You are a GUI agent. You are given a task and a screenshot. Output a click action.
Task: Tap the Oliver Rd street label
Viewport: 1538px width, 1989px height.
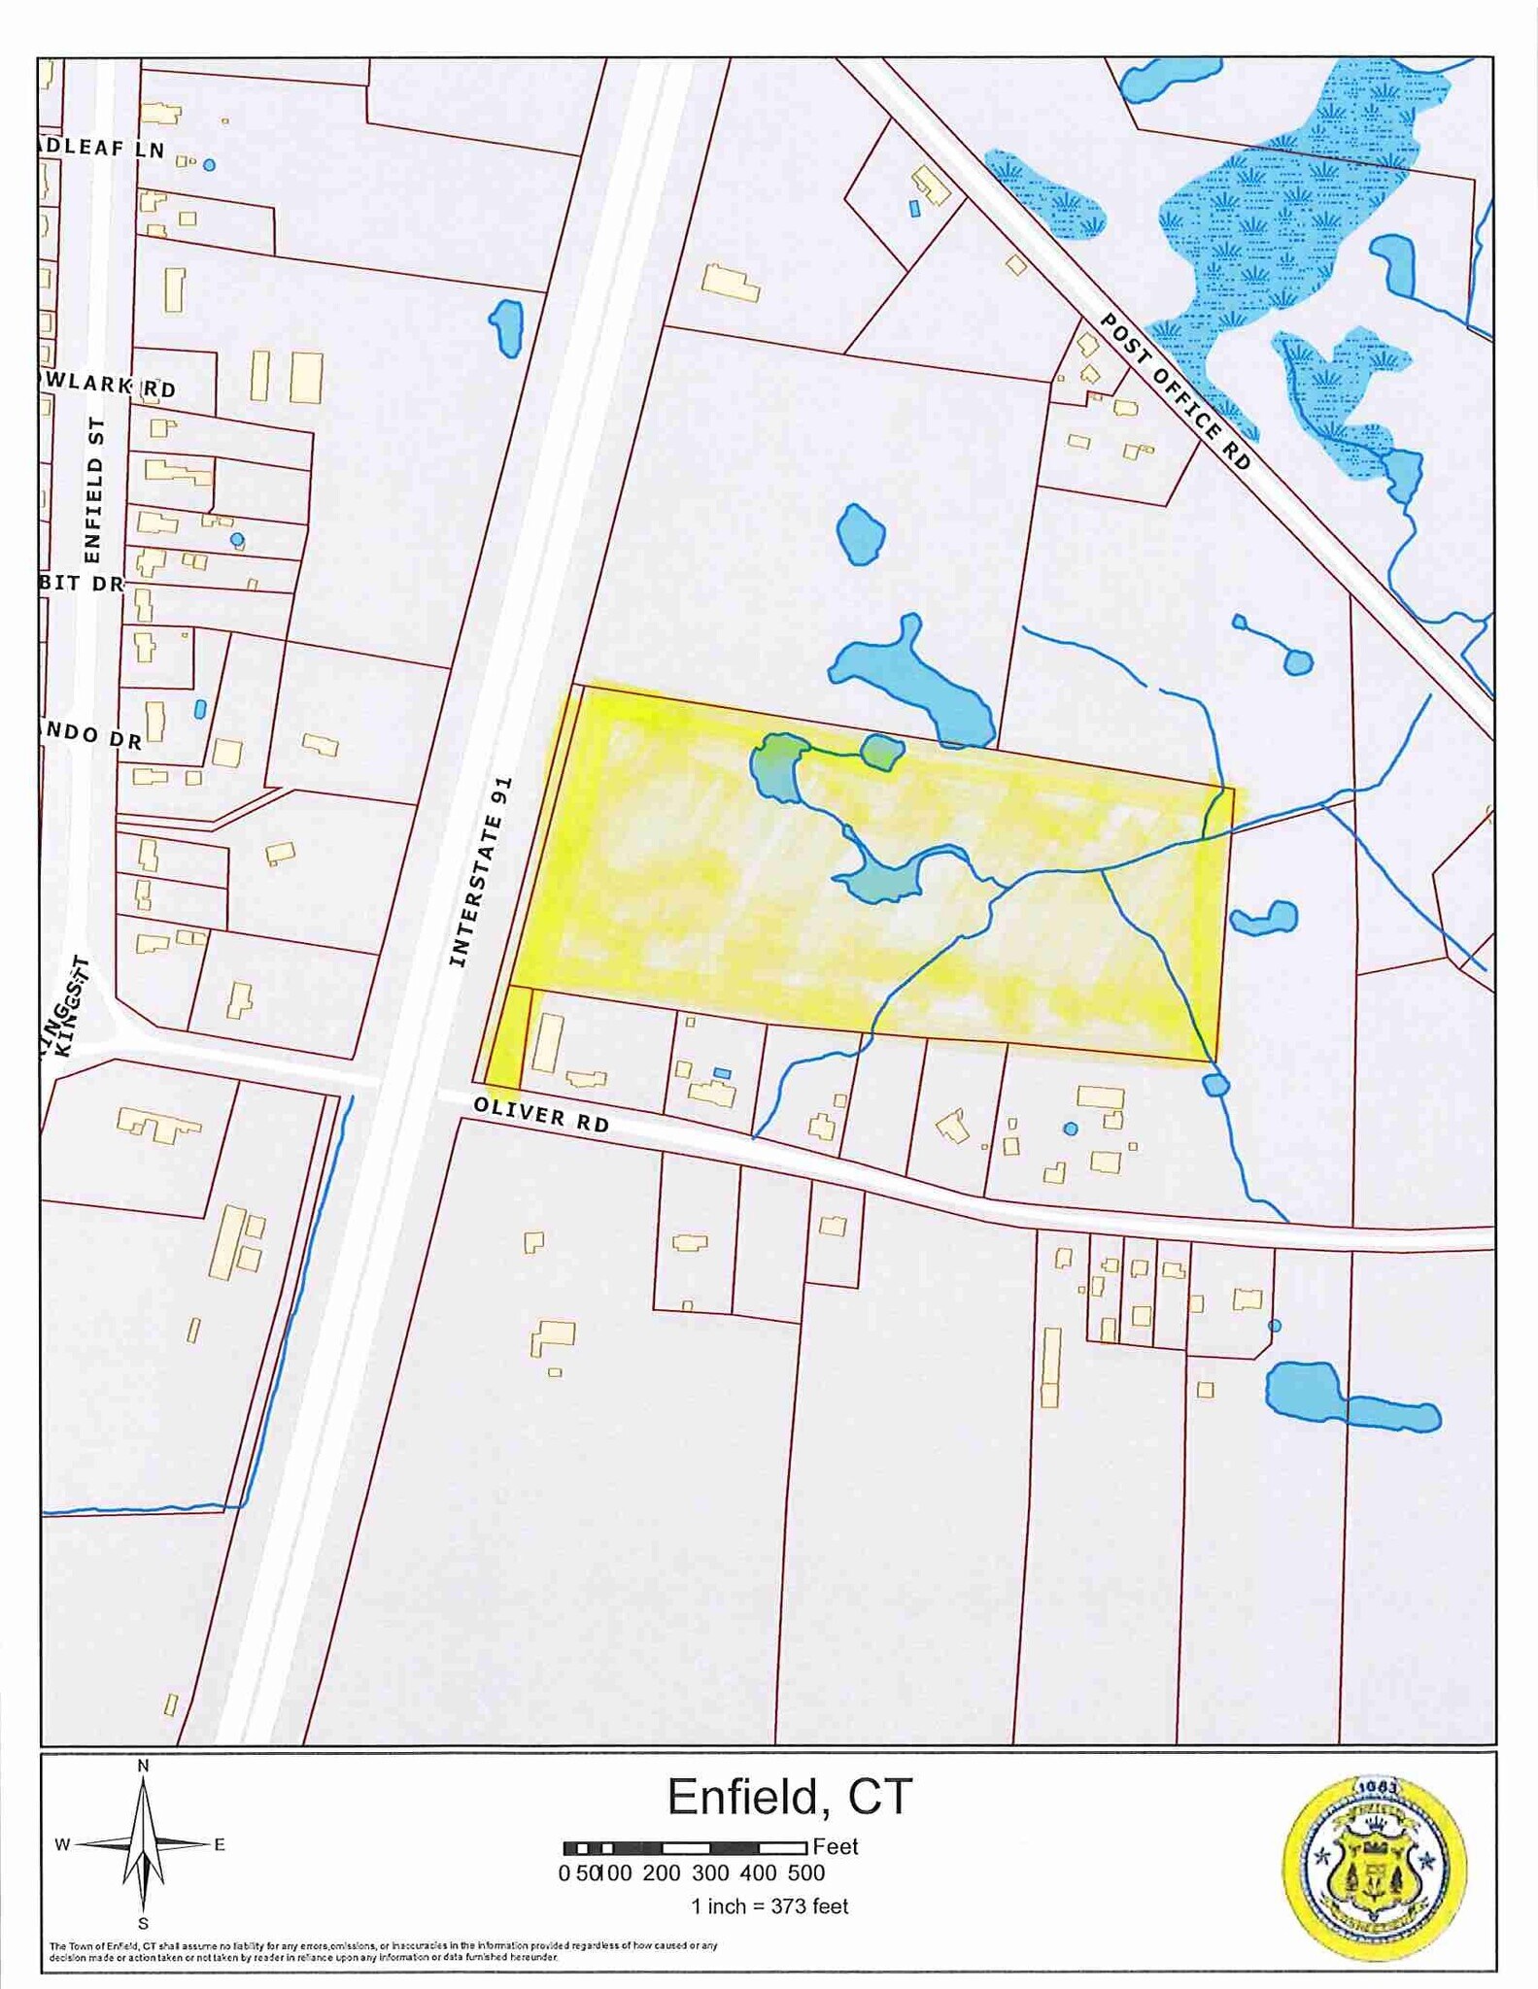click(541, 1115)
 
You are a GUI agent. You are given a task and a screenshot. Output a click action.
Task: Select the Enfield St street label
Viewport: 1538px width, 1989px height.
click(93, 490)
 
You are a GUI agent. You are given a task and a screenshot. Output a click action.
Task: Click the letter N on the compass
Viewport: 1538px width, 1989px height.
click(143, 1766)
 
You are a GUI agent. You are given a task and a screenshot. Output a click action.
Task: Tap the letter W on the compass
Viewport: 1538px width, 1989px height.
click(62, 1845)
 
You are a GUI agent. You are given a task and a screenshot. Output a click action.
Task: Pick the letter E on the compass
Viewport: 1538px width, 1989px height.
click(220, 1845)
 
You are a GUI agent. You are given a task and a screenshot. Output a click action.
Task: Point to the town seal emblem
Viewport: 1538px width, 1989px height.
click(1375, 1870)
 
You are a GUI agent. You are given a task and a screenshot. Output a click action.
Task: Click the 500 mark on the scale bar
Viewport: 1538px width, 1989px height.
click(805, 1873)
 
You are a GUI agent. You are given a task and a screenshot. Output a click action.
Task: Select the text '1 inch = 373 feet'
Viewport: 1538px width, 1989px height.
click(769, 1906)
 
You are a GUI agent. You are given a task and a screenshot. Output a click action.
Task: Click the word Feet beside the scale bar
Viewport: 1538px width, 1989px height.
click(836, 1847)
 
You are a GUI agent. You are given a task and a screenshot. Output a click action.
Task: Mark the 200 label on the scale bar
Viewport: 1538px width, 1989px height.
click(662, 1873)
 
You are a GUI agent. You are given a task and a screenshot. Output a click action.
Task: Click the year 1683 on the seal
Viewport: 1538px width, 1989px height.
click(1376, 1788)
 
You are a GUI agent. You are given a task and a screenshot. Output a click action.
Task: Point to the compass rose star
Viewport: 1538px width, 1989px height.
click(144, 1843)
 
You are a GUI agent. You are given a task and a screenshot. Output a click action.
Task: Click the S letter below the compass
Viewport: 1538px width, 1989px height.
click(143, 1924)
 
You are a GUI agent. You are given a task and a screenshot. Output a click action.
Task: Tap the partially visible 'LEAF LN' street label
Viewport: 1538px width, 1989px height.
click(102, 149)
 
